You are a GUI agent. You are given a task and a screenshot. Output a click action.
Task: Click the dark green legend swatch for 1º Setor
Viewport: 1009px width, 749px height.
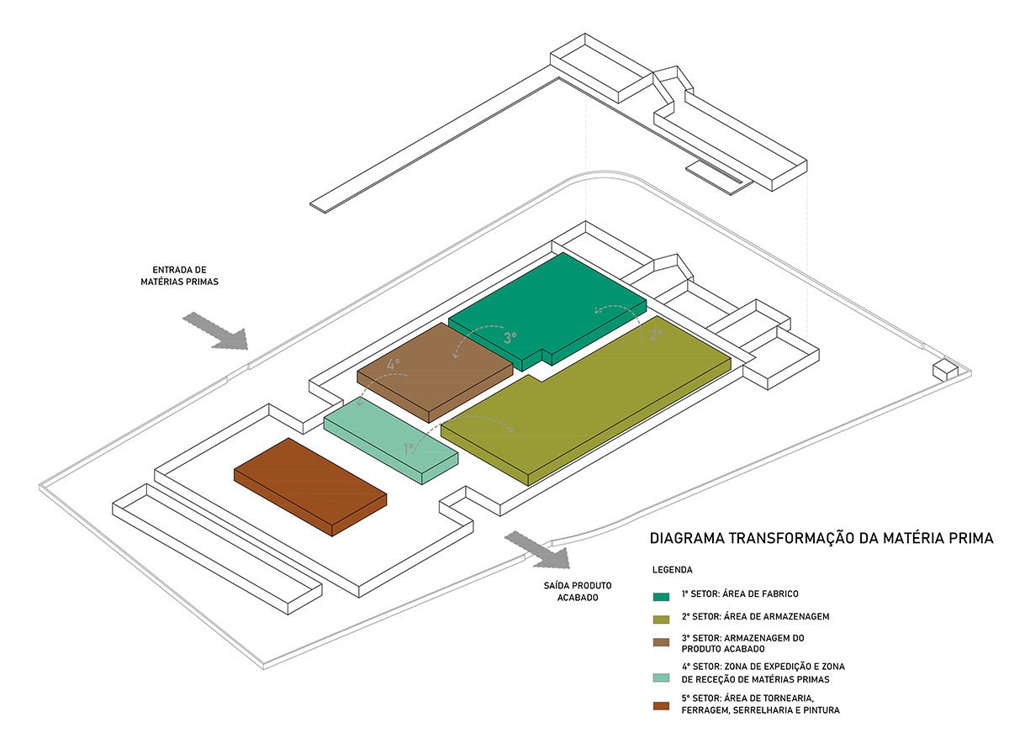click(662, 596)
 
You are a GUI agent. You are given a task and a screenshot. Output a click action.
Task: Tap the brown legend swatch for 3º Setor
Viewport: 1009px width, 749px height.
click(662, 643)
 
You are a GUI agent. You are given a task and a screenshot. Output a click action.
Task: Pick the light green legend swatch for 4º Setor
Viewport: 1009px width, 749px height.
click(662, 678)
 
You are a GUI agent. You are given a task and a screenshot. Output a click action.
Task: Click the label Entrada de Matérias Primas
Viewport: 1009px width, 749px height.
click(179, 276)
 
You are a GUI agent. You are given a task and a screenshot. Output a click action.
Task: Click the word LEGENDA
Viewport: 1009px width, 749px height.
click(672, 568)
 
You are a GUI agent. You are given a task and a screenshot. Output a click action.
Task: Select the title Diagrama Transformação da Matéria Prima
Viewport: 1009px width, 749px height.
click(821, 538)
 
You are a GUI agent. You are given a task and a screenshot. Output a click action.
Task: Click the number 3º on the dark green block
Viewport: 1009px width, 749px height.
click(510, 338)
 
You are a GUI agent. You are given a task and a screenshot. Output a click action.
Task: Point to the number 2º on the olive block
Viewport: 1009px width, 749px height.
click(657, 334)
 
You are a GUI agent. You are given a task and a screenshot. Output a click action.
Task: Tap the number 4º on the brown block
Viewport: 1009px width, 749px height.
click(394, 365)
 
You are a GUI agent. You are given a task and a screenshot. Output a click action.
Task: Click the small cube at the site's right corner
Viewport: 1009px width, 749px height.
click(945, 369)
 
